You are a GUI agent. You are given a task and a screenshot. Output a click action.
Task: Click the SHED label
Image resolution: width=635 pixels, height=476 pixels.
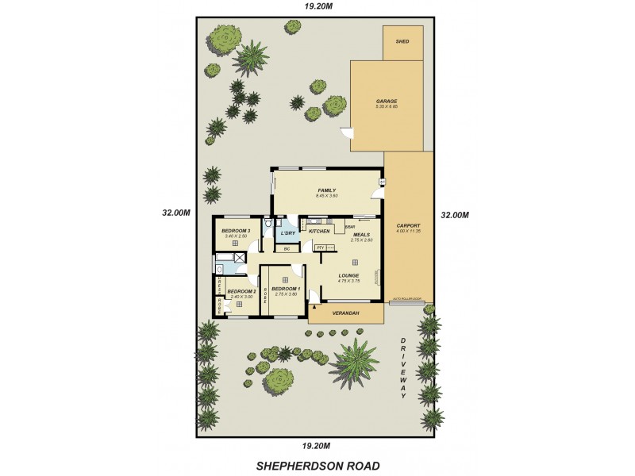pos(402,40)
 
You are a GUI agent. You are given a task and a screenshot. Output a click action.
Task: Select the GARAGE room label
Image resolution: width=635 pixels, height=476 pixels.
pos(387,102)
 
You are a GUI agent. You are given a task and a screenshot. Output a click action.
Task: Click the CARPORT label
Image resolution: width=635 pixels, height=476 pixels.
pos(409,226)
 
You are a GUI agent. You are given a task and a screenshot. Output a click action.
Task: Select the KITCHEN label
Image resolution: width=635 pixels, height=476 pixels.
pos(319,231)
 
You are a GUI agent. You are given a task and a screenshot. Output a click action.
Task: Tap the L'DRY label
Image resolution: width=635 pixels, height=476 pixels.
pos(287,232)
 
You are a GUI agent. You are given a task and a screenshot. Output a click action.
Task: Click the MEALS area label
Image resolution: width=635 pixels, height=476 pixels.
pos(363,235)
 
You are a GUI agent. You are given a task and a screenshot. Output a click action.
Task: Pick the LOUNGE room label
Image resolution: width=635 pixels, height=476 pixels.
pos(348,275)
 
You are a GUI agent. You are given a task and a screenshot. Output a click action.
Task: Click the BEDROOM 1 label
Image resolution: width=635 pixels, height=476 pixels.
pos(285,289)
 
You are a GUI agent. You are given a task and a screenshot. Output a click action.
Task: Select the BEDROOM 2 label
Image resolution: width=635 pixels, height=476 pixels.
pos(241,292)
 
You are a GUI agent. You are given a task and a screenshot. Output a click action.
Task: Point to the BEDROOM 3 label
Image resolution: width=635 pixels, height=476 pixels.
pos(237,231)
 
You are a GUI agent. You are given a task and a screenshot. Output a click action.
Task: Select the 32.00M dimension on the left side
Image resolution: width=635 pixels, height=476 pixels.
pos(175,213)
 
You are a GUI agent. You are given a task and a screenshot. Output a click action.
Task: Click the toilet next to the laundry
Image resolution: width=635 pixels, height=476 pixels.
pos(270,225)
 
